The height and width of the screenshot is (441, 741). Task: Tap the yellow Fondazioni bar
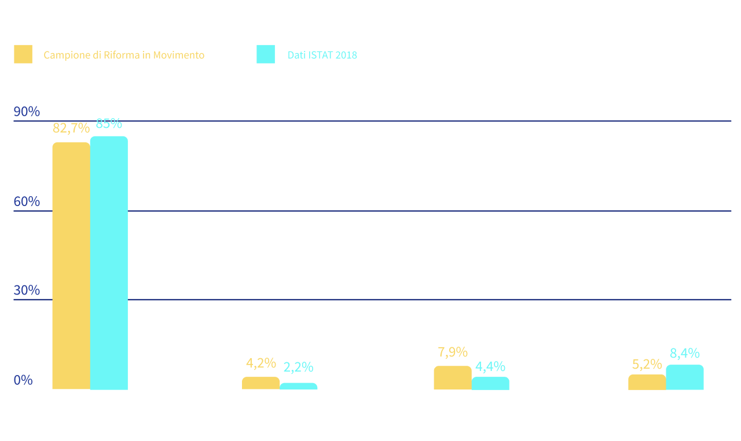261,383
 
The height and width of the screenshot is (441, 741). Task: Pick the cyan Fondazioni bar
299,385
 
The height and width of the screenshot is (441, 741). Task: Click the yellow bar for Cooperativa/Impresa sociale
453,377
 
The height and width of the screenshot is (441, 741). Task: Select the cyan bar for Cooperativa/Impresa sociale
490,383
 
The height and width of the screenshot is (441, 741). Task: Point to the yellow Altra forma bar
647,381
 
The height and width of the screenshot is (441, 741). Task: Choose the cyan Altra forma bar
685,377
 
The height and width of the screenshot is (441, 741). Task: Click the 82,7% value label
71,128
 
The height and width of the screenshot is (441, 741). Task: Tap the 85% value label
109,124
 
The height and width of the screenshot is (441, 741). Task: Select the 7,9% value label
453,352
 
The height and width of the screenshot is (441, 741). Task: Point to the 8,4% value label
685,353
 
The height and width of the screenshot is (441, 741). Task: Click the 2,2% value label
299,367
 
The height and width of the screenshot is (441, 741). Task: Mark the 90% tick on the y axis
27,112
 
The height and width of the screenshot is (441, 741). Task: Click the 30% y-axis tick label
27,290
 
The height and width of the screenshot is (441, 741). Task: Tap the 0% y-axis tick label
23,380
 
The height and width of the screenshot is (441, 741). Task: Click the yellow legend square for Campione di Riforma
23,54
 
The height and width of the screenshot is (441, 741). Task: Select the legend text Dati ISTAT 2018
322,56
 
